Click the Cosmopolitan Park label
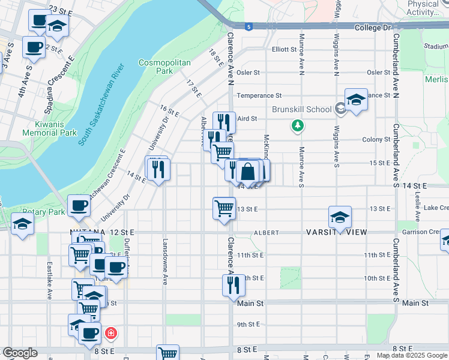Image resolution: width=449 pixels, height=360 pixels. (x=155, y=67)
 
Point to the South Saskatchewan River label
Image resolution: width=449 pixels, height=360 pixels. (x=99, y=106)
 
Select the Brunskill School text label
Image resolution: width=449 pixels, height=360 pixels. (x=301, y=109)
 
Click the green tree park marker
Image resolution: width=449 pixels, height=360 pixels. (x=297, y=125)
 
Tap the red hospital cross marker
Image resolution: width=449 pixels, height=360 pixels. (x=110, y=333)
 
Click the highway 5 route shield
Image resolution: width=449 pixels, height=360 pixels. (x=248, y=26)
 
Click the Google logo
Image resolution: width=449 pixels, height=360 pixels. (x=20, y=353)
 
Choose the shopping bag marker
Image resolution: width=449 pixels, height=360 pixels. (x=247, y=172)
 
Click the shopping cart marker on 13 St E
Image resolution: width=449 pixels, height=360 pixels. (x=224, y=208)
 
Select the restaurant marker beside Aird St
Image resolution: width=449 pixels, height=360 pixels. (x=224, y=122)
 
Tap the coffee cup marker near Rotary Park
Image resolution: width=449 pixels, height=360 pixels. (x=79, y=206)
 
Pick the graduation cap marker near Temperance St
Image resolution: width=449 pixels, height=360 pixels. (x=356, y=99)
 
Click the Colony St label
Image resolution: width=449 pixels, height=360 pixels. (x=376, y=140)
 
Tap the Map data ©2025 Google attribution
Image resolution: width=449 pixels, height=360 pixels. (x=412, y=355)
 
